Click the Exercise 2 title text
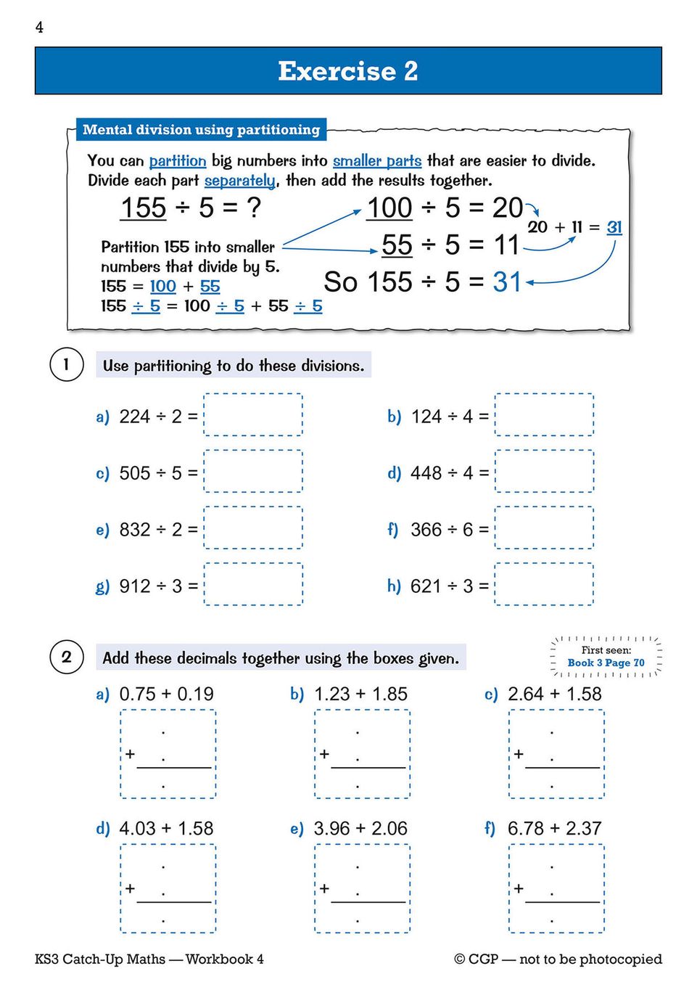[348, 71]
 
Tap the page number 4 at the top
[39, 28]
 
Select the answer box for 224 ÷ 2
[253, 415]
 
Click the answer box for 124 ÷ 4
[544, 415]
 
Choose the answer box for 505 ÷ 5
[253, 472]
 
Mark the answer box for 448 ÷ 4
[544, 472]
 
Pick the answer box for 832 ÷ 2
[253, 528]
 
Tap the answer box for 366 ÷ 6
[544, 528]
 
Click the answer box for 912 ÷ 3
[253, 585]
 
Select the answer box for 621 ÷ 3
[544, 585]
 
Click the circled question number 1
[66, 364]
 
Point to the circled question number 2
[66, 658]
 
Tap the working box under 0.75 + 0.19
[168, 755]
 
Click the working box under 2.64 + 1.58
[556, 755]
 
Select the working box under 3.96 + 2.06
[362, 889]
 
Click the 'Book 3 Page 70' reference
[606, 663]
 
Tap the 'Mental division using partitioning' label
[201, 130]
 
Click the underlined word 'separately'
[239, 181]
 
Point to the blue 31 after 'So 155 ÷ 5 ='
[507, 282]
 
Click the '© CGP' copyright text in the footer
[477, 959]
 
